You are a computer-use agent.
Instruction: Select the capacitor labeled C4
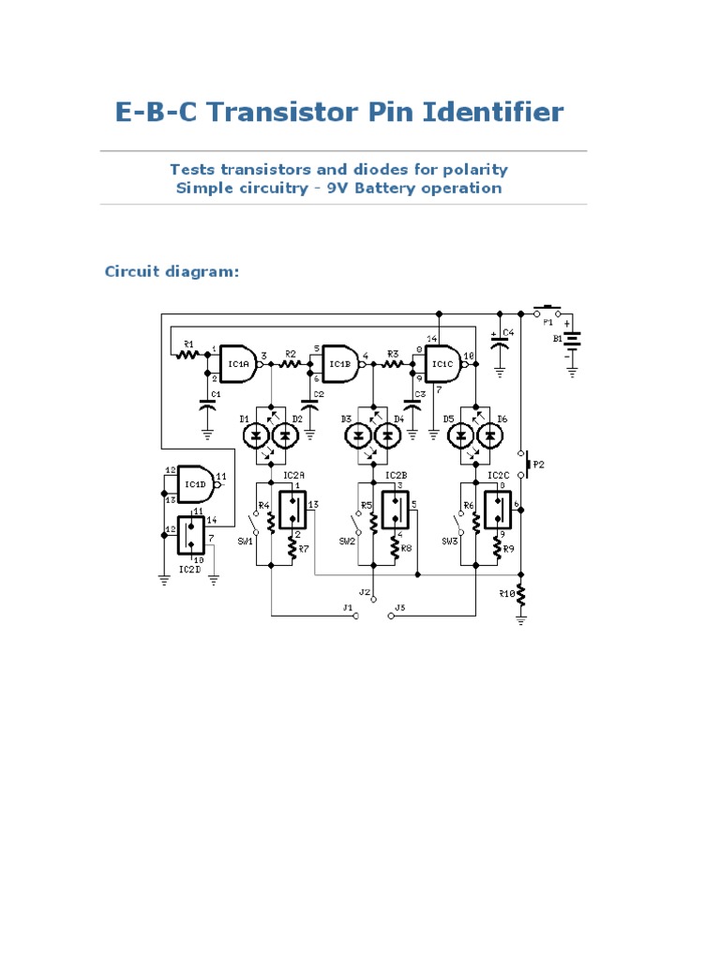(x=500, y=345)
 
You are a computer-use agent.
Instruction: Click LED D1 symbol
(x=255, y=435)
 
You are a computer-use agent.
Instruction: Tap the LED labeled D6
(x=488, y=435)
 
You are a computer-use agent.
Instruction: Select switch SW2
(x=355, y=527)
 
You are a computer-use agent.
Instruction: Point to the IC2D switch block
(x=191, y=536)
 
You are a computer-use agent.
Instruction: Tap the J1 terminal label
(x=348, y=608)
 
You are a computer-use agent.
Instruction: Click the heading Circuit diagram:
(x=172, y=271)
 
